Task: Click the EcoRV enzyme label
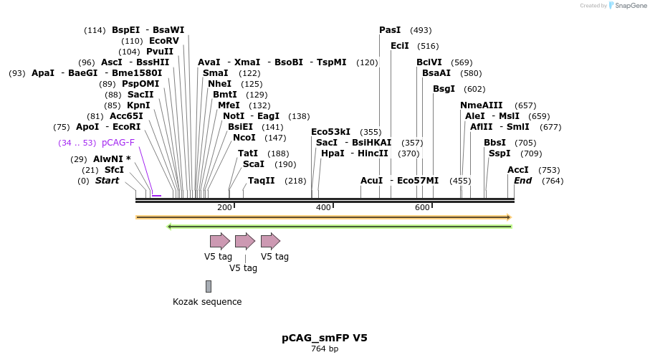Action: click(164, 41)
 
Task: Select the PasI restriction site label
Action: click(390, 30)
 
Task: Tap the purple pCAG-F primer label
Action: click(118, 143)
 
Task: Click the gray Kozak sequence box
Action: click(209, 286)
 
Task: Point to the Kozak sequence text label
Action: click(207, 302)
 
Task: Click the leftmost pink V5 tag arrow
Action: click(219, 241)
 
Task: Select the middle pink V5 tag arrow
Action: click(245, 241)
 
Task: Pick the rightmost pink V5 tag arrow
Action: click(270, 241)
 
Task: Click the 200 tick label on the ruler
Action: click(224, 207)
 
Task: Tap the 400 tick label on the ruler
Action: click(323, 207)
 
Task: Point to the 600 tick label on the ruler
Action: click(422, 207)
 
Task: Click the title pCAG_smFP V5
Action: click(325, 338)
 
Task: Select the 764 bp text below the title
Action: click(325, 349)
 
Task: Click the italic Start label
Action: click(107, 181)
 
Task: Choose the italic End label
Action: click(522, 181)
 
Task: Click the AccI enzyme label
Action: click(518, 170)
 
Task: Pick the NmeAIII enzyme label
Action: click(482, 105)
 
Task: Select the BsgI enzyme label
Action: click(444, 89)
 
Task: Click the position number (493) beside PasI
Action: click(421, 30)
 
